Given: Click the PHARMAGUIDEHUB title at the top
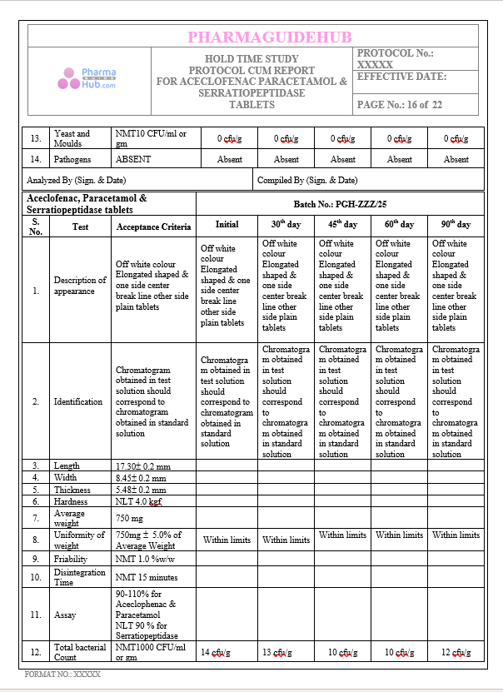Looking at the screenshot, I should point(269,37).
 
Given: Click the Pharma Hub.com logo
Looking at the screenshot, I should point(87,79).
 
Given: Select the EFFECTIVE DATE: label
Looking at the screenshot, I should point(401,77).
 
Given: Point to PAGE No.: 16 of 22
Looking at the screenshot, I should point(399,105).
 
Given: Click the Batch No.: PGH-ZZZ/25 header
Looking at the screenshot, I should point(340,204).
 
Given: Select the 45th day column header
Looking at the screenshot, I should point(342,225).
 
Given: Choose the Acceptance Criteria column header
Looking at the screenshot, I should point(153,226).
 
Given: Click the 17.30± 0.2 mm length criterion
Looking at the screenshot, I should point(142,466).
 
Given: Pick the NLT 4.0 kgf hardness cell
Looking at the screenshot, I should point(138,502).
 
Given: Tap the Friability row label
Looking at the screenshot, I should point(71,560).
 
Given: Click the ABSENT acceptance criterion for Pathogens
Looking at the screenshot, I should point(133,159).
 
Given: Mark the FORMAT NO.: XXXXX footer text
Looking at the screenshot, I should point(63,673).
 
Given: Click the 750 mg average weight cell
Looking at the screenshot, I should point(129,518).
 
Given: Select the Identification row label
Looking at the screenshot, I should point(79,401).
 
